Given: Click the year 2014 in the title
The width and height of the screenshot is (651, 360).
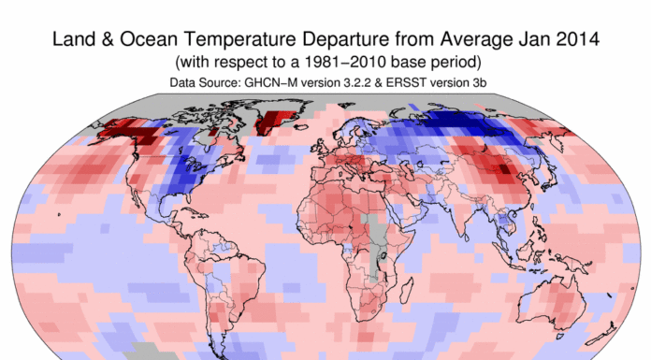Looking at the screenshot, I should (x=581, y=41).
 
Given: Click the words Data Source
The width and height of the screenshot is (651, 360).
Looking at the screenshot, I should (x=199, y=84).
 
